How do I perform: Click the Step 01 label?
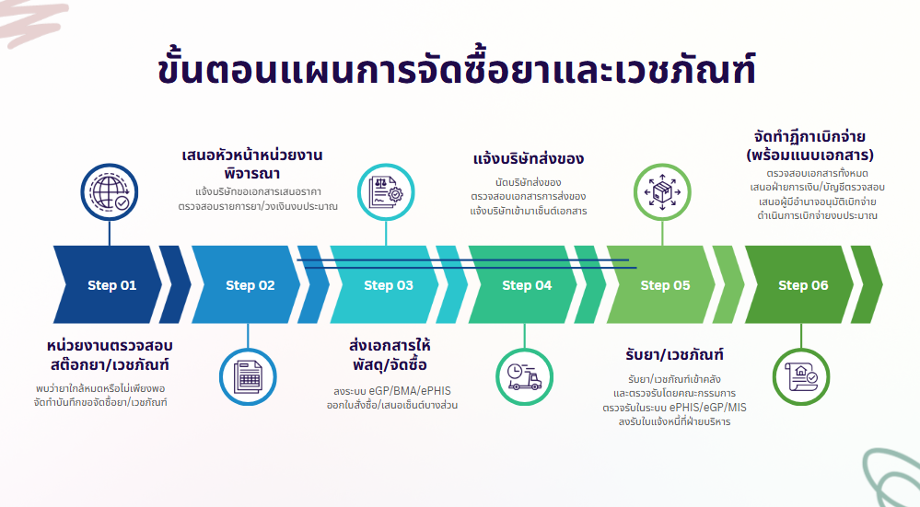[x=111, y=285]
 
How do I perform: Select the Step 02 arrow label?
[x=250, y=285]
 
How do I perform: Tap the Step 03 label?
[x=388, y=285]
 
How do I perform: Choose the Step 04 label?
[x=527, y=285]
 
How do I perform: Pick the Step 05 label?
[x=665, y=285]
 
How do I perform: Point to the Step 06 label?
[x=803, y=285]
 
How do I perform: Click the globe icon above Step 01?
[x=110, y=192]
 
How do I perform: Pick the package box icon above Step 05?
[x=663, y=192]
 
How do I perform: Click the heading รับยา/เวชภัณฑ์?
[x=670, y=354]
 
